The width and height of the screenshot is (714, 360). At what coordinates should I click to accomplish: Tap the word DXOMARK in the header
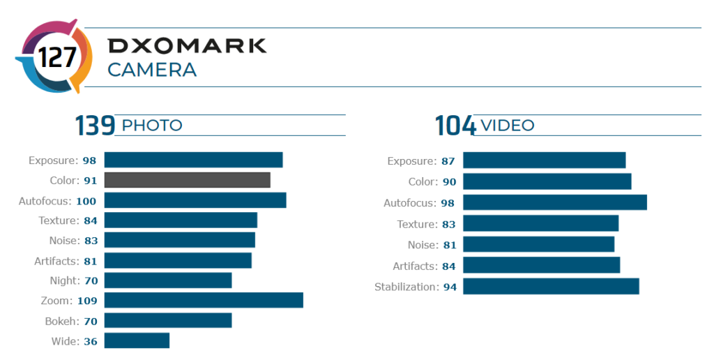[187, 46]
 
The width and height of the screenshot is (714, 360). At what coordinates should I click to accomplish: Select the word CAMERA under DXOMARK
[152, 70]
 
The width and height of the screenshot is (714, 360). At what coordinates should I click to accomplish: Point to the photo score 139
[95, 126]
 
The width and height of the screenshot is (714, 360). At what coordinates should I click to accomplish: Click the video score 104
[455, 126]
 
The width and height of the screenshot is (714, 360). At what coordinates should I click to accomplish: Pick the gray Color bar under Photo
[187, 180]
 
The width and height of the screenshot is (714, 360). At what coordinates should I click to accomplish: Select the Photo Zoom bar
[204, 301]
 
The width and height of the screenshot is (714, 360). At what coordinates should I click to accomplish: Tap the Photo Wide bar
[137, 341]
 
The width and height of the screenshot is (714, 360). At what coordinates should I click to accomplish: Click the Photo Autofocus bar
[195, 200]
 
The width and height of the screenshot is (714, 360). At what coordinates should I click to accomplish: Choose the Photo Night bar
[167, 280]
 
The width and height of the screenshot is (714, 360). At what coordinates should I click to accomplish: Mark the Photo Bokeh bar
[167, 321]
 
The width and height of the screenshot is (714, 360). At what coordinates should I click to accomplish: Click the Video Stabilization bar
[551, 287]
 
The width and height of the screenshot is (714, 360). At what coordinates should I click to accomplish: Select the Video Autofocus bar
[555, 202]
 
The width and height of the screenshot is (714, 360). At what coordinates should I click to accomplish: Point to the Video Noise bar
[538, 245]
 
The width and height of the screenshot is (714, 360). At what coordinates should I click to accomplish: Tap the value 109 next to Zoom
[88, 301]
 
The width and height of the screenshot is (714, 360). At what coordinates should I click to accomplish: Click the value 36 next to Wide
[91, 342]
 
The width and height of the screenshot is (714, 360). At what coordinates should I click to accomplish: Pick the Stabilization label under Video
[406, 287]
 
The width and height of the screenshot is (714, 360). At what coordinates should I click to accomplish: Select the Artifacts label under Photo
[56, 261]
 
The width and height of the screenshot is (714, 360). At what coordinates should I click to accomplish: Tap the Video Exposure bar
[544, 160]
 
